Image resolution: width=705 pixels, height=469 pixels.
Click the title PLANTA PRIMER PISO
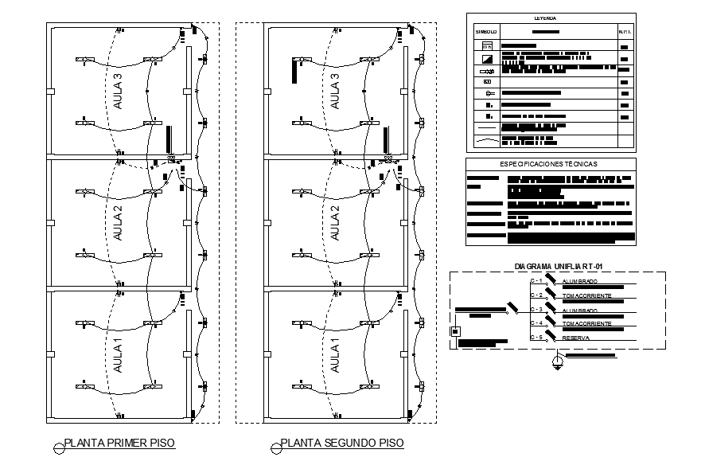coord(119,443)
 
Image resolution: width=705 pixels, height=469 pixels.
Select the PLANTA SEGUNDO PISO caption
coord(342,443)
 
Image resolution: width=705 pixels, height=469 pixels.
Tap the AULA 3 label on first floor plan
coord(119,91)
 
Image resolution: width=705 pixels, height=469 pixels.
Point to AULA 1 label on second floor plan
coord(335,355)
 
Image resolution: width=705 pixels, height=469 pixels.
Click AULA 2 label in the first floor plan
coord(119,224)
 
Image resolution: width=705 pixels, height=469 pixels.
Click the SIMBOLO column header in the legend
coord(486,32)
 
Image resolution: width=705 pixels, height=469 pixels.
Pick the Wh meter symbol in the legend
coord(487,47)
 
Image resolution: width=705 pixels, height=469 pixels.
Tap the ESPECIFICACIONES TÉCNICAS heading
coord(549,163)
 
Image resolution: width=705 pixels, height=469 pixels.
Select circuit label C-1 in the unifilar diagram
coord(536,281)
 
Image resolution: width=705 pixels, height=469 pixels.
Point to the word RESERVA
coord(577,338)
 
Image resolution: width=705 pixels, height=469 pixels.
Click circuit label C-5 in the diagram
coord(536,338)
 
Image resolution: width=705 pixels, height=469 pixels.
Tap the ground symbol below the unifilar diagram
coord(559,362)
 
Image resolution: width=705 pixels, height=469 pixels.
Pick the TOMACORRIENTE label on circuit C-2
coord(586,296)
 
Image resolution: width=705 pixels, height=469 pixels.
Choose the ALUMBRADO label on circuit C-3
coord(580,311)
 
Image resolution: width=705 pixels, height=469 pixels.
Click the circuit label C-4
coord(536,323)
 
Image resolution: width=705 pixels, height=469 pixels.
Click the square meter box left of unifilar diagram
coord(456,331)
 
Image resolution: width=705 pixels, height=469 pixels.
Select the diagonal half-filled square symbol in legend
coord(487,59)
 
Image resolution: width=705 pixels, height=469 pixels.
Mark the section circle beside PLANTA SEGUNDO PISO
coord(275,448)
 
